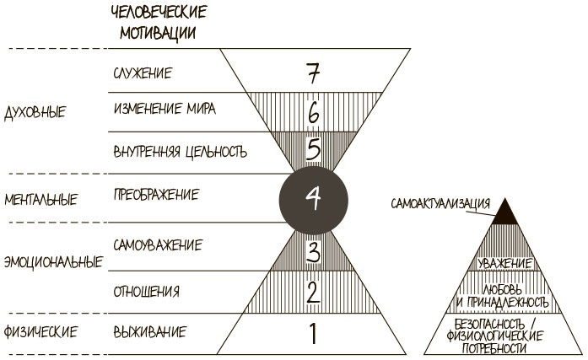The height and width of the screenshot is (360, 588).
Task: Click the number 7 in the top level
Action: [x=311, y=74]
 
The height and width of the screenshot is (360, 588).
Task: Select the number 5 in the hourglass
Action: [x=312, y=150]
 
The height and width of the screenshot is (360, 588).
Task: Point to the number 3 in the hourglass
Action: [x=312, y=251]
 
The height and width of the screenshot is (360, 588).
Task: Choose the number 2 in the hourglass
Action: [x=312, y=293]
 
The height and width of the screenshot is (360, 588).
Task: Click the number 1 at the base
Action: [x=312, y=333]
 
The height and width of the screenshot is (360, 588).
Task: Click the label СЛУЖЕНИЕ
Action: [x=142, y=73]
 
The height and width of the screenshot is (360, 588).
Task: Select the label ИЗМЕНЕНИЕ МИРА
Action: [x=164, y=110]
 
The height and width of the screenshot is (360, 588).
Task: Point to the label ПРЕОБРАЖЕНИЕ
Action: [x=155, y=195]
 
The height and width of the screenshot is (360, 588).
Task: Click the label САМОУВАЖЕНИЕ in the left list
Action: [x=157, y=245]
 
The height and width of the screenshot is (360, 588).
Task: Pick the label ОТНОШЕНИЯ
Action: [x=145, y=292]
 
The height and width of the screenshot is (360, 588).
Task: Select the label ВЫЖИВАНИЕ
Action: [x=148, y=330]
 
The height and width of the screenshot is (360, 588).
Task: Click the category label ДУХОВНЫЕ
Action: [x=35, y=111]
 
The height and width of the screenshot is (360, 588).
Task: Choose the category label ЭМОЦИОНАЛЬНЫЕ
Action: [x=52, y=261]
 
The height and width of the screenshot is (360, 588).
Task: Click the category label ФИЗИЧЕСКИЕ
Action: [x=40, y=330]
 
